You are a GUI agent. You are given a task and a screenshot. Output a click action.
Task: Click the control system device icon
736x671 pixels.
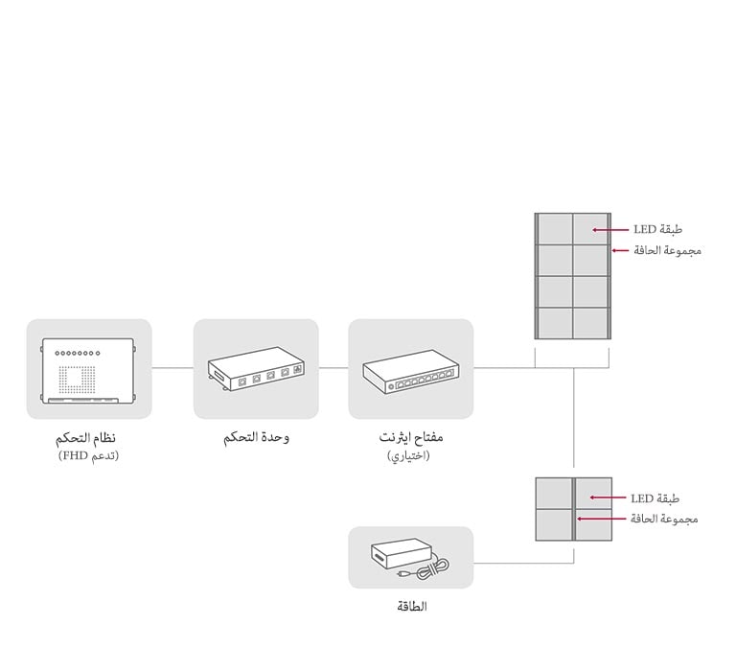pos(89,369)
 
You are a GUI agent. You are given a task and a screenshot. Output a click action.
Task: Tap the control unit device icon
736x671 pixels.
pos(256,369)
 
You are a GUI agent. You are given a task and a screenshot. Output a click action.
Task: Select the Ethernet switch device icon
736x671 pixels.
pos(410,369)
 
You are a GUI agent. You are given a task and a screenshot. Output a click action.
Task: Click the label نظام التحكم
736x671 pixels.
pos(88,438)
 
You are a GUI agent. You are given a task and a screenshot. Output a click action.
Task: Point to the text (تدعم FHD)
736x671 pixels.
pos(88,455)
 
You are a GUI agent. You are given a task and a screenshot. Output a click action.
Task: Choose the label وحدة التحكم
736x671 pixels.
pos(256,438)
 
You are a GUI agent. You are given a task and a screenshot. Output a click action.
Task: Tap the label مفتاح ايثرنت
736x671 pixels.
pos(411,438)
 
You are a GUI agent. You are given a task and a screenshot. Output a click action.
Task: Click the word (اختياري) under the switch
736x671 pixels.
pos(409,455)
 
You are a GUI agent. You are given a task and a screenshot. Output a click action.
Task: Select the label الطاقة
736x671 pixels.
pos(411,607)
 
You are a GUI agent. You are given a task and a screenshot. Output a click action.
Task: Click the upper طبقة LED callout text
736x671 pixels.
pos(657,230)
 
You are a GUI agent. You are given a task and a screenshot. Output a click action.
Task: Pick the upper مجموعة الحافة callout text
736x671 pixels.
pos(667,250)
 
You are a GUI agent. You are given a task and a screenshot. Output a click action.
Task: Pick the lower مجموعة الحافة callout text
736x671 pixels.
pos(663,519)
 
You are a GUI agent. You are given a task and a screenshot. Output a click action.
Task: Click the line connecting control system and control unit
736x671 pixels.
pos(172,367)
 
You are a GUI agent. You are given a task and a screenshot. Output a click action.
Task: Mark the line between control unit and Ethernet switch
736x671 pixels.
pos(333,367)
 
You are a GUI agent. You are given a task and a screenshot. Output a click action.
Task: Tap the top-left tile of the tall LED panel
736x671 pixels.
pos(555,229)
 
